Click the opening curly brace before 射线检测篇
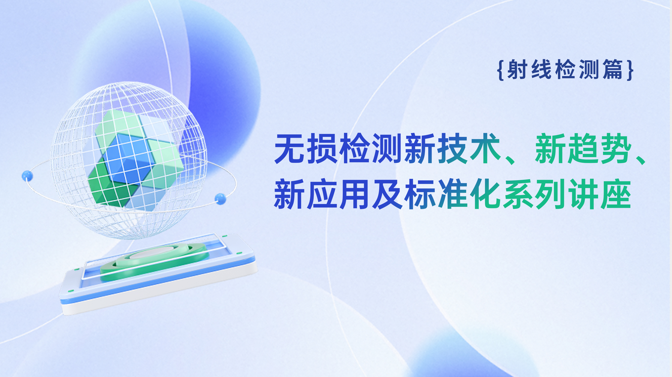coord(501,70)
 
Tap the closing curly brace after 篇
coord(630,70)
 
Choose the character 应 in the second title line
coord(322,194)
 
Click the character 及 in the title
coord(387,194)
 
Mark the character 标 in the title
coord(420,194)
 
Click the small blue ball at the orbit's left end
coord(27,176)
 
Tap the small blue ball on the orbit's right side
coord(220,199)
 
